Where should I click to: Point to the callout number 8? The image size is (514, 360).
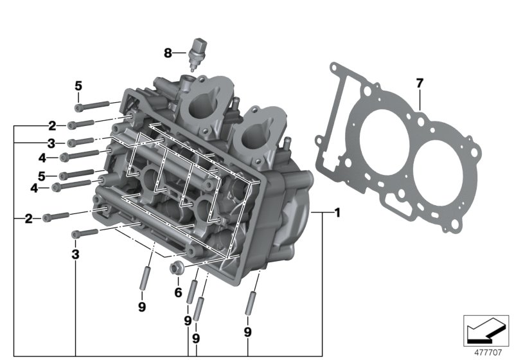(168, 53)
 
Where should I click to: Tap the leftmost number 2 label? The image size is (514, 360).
(28, 219)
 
